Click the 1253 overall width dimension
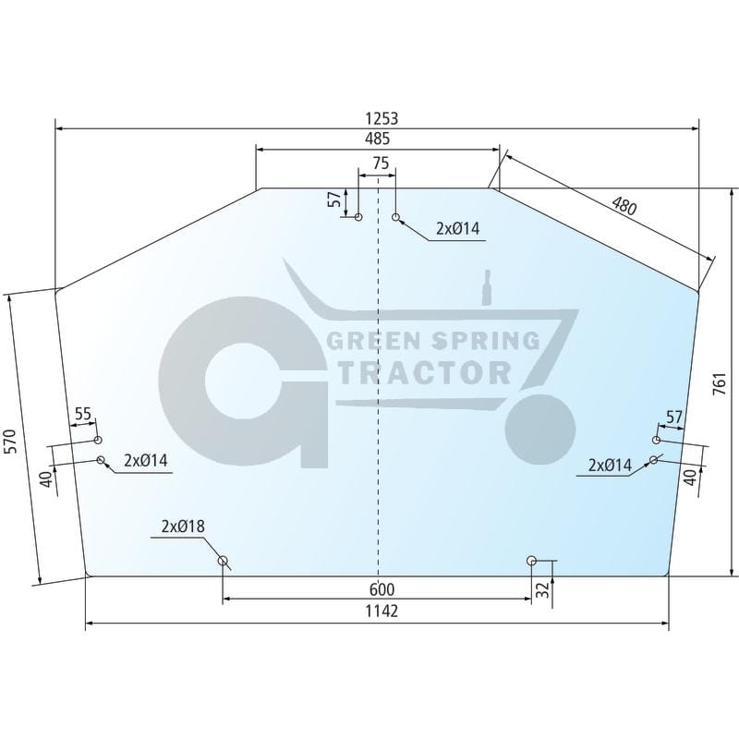tap(382, 118)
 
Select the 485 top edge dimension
tap(378, 139)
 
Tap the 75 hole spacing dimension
tap(381, 164)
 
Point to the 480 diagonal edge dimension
tap(624, 206)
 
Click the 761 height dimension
tap(721, 383)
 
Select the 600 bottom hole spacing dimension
tap(382, 589)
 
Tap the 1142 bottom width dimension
tap(382, 612)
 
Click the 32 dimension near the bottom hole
tap(543, 589)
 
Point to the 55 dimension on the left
tap(82, 414)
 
